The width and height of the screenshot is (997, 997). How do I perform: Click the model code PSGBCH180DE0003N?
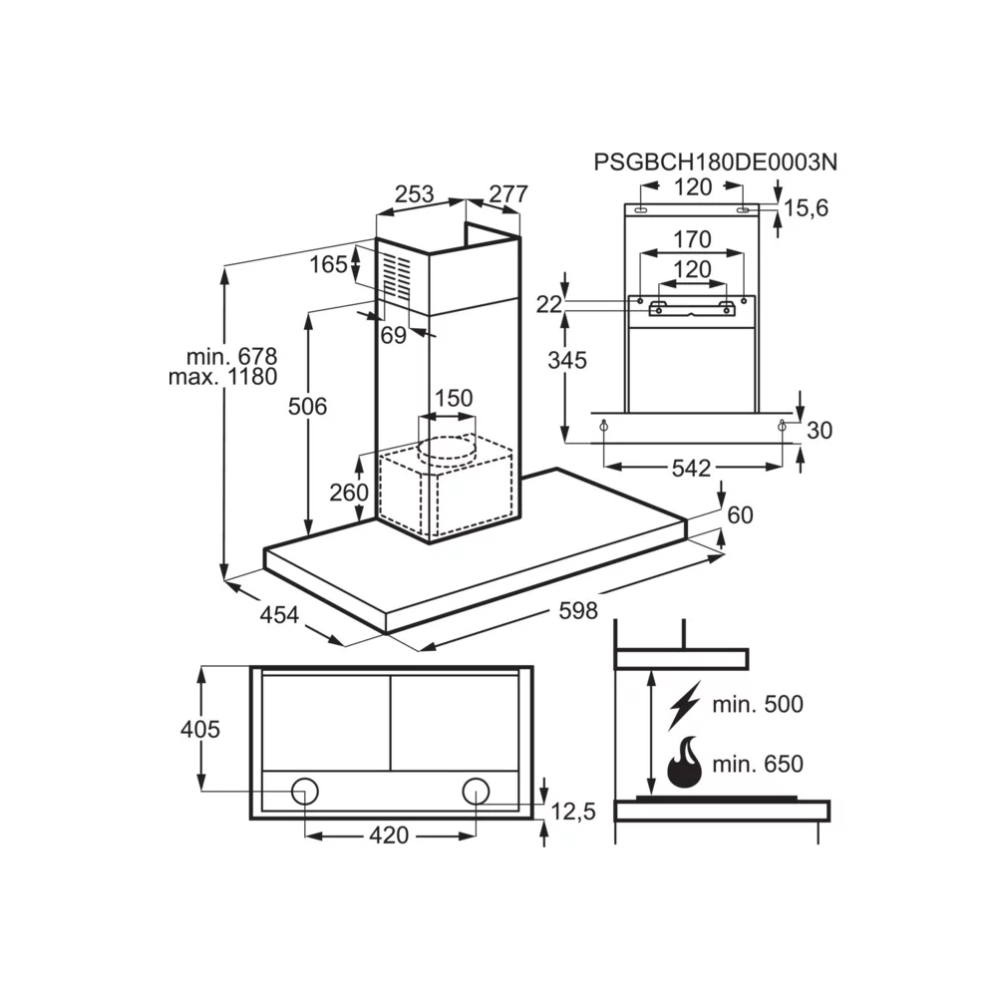point(715,162)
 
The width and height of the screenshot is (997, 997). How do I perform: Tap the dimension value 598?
point(577,611)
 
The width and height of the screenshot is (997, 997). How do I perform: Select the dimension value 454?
point(279,616)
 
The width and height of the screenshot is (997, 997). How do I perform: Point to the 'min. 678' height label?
point(231,356)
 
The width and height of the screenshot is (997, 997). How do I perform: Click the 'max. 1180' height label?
point(224,377)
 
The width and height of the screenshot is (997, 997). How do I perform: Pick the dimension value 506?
point(307,406)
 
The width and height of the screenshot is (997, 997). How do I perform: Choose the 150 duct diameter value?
point(453,399)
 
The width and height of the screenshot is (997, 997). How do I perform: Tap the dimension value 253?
point(414,194)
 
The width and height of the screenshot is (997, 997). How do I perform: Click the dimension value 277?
point(506,194)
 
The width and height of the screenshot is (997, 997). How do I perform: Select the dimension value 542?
point(690,468)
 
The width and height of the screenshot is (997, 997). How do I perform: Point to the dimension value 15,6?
point(806,207)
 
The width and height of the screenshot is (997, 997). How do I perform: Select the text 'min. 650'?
point(758,765)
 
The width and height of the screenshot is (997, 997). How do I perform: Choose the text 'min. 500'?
point(758,705)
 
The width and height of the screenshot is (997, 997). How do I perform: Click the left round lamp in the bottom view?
point(305,792)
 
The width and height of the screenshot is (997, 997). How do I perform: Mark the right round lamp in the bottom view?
point(476,792)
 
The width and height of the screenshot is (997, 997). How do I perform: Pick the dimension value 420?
point(389,835)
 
